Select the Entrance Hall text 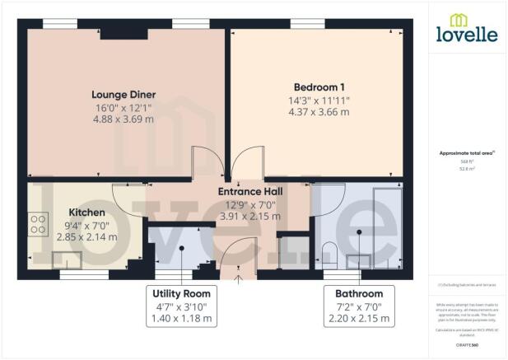tap(250, 192)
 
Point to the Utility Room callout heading tap(181, 293)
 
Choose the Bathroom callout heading tap(358, 293)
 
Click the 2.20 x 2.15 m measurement tap(358, 317)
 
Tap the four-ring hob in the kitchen tap(38, 224)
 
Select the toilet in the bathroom tap(329, 255)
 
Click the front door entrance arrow tap(240, 278)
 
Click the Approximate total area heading tap(466, 153)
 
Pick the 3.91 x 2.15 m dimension tap(250, 217)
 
